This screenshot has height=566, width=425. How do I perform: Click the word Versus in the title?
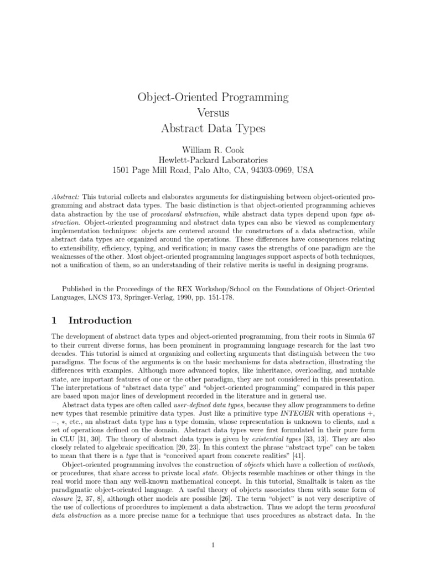tap(213, 113)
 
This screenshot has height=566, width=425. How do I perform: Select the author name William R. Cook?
tap(213, 149)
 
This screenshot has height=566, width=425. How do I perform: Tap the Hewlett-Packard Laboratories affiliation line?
tap(213, 160)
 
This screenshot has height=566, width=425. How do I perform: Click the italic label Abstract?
tap(66, 197)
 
